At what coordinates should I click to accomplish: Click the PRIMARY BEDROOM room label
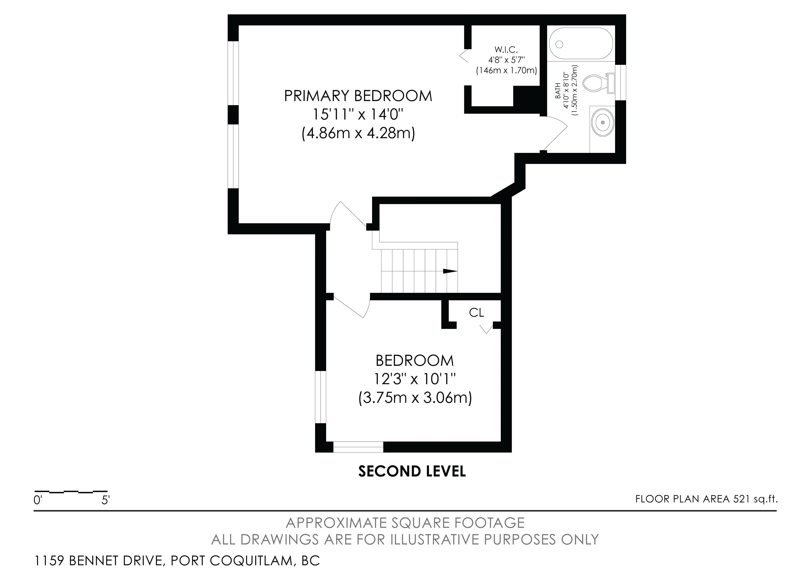[x=358, y=96]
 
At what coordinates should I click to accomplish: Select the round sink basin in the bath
[x=602, y=122]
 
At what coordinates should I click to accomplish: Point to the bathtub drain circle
[x=559, y=45]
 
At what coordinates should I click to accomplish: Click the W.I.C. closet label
[x=506, y=50]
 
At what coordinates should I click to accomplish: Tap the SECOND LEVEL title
[x=412, y=471]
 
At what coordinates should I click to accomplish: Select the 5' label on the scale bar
[x=105, y=500]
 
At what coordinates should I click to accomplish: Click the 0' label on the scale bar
[x=38, y=500]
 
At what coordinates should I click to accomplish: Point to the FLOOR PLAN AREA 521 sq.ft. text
[x=706, y=499]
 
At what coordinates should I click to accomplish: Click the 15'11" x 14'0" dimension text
[x=358, y=115]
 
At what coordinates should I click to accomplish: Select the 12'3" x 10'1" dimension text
[x=414, y=379]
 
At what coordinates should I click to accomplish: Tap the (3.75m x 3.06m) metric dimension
[x=415, y=398]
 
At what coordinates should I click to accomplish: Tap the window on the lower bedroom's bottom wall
[x=358, y=447]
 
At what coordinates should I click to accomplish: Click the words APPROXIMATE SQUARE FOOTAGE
[x=405, y=523]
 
